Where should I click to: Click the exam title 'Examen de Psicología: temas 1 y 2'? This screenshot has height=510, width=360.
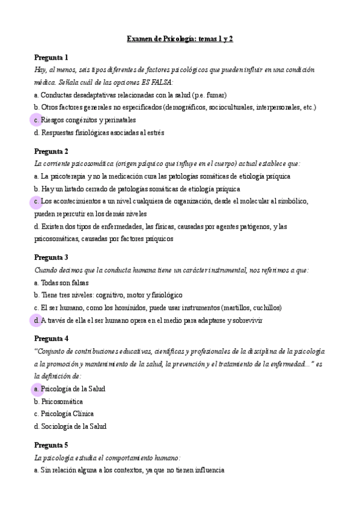(180, 38)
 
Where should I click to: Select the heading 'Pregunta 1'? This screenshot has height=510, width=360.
(51, 57)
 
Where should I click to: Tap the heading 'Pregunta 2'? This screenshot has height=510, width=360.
(51, 151)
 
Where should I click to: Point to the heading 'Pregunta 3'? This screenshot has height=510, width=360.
(51, 257)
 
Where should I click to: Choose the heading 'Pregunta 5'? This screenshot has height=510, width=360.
(51, 445)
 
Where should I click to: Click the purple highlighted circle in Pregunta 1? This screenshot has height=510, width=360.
(36, 120)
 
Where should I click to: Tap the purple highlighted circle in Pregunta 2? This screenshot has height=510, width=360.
(36, 201)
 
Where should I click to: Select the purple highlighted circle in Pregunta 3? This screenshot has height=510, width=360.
(36, 321)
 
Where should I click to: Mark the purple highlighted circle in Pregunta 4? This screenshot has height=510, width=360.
(36, 389)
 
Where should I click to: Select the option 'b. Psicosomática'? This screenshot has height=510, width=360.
(58, 401)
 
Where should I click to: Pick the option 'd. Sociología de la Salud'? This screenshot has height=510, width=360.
(70, 426)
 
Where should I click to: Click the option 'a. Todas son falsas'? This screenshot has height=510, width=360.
(61, 283)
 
